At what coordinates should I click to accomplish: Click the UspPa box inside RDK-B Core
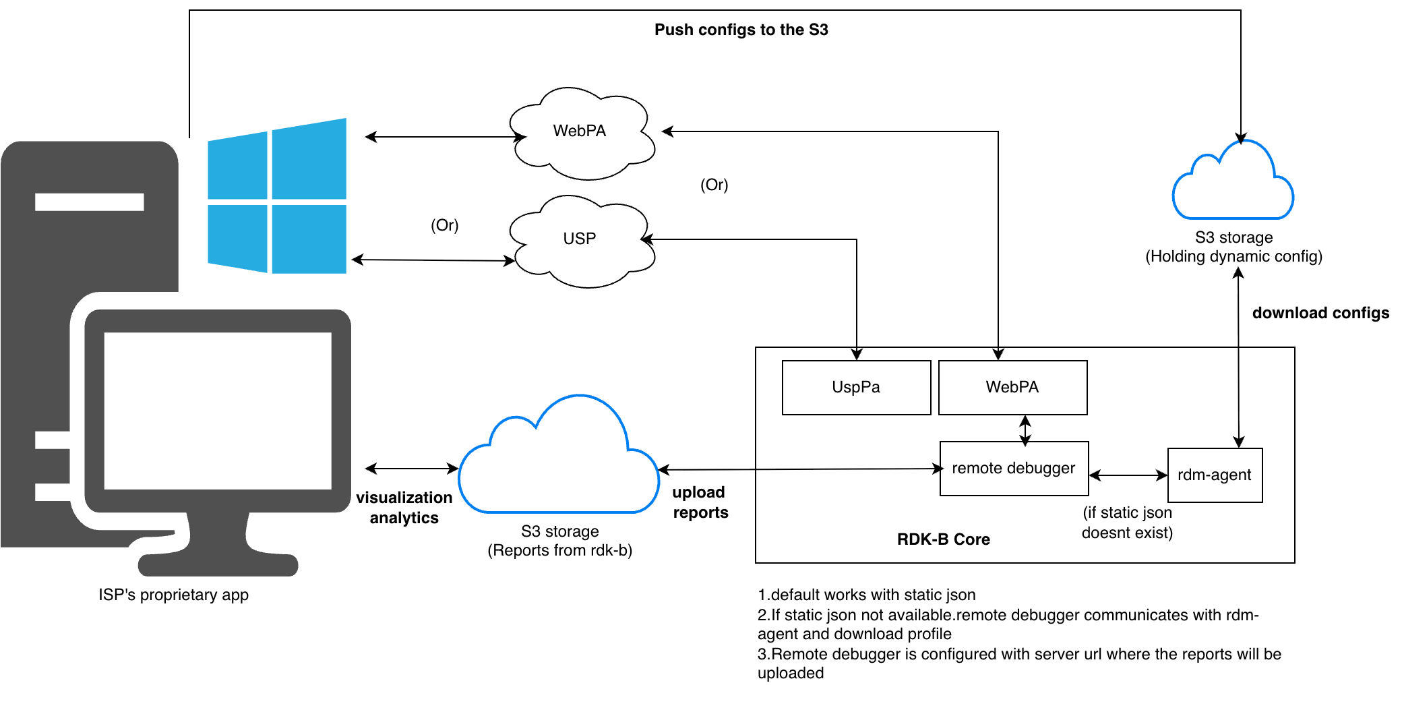pos(856,388)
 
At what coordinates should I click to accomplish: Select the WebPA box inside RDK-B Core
pos(1012,388)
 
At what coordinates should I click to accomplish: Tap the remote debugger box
pos(1014,469)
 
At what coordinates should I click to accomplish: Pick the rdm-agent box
pos(1215,475)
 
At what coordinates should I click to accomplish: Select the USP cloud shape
pos(580,240)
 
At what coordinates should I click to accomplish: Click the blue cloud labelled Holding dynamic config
pos(1233,185)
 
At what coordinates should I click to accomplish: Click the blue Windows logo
pos(277,196)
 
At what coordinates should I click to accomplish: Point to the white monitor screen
pos(218,411)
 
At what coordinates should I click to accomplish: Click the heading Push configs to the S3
pos(741,30)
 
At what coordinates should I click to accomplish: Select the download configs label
pos(1320,313)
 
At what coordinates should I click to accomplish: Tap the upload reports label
pos(700,502)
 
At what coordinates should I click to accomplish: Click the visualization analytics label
pos(404,508)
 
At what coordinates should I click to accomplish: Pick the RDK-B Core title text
pos(943,539)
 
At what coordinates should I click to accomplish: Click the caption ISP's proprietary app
pos(173,595)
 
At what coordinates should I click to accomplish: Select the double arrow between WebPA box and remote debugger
pos(1025,430)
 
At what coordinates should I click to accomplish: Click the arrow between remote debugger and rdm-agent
pos(1128,475)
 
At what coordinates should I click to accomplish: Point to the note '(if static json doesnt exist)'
pos(1127,523)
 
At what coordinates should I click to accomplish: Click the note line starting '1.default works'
pos(867,595)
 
